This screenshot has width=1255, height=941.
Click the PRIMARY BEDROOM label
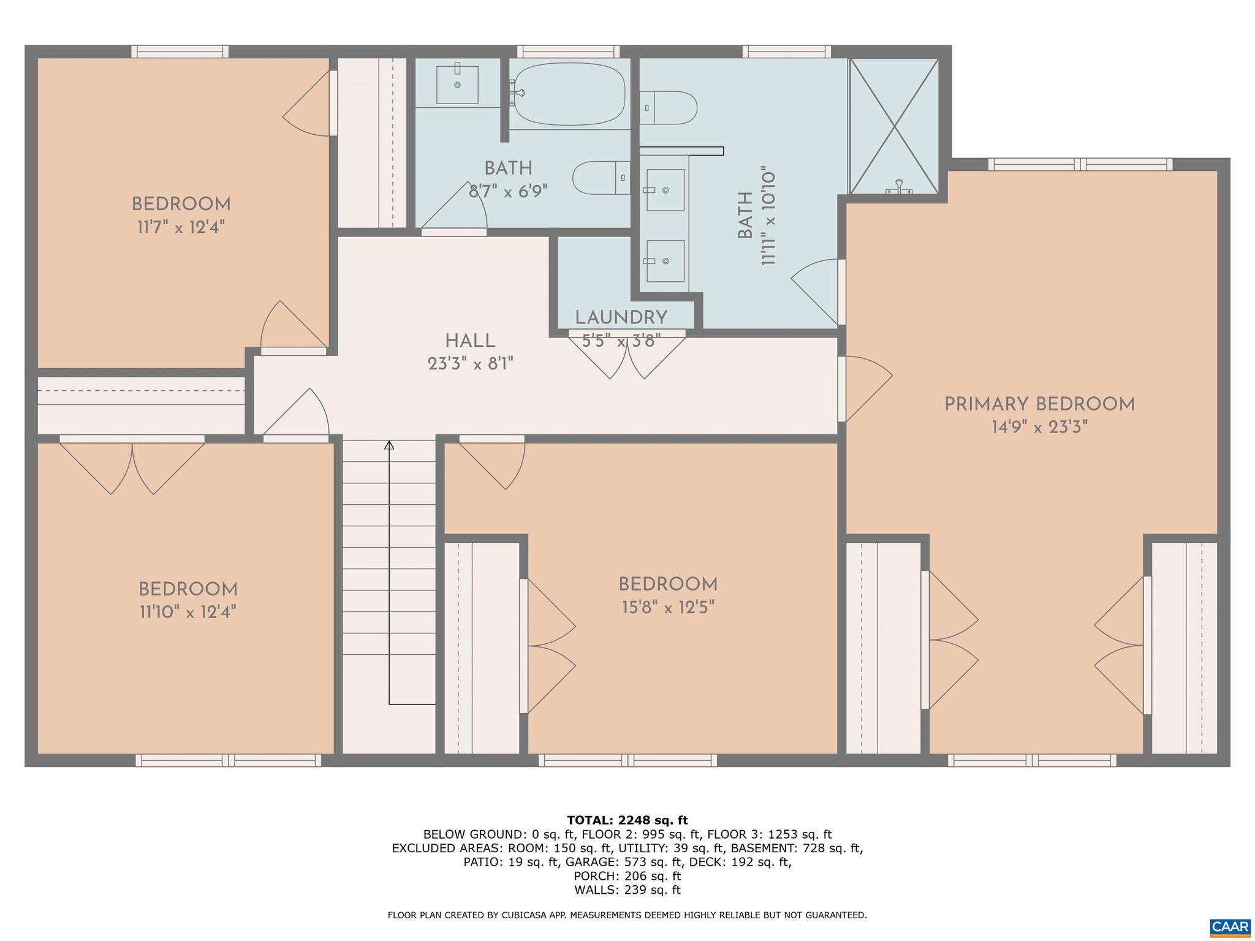tap(1039, 404)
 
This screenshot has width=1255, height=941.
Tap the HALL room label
tap(470, 341)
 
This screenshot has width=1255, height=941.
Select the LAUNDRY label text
tap(621, 317)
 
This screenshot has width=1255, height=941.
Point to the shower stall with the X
tap(894, 126)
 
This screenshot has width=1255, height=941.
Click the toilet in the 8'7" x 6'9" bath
tap(601, 178)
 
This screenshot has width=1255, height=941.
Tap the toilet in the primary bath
tap(669, 108)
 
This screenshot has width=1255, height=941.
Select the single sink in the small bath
tap(457, 85)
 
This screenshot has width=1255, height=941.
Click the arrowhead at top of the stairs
tap(389, 445)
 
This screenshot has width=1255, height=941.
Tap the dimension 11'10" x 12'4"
tap(188, 612)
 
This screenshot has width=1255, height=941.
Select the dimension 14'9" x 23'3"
tap(1039, 428)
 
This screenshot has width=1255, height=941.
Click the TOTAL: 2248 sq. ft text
tap(627, 820)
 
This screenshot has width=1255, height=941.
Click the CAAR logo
tap(1230, 928)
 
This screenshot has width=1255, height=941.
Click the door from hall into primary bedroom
tap(864, 388)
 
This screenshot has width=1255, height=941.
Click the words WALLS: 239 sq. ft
tap(627, 890)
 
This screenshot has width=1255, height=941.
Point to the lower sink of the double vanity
tap(665, 261)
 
